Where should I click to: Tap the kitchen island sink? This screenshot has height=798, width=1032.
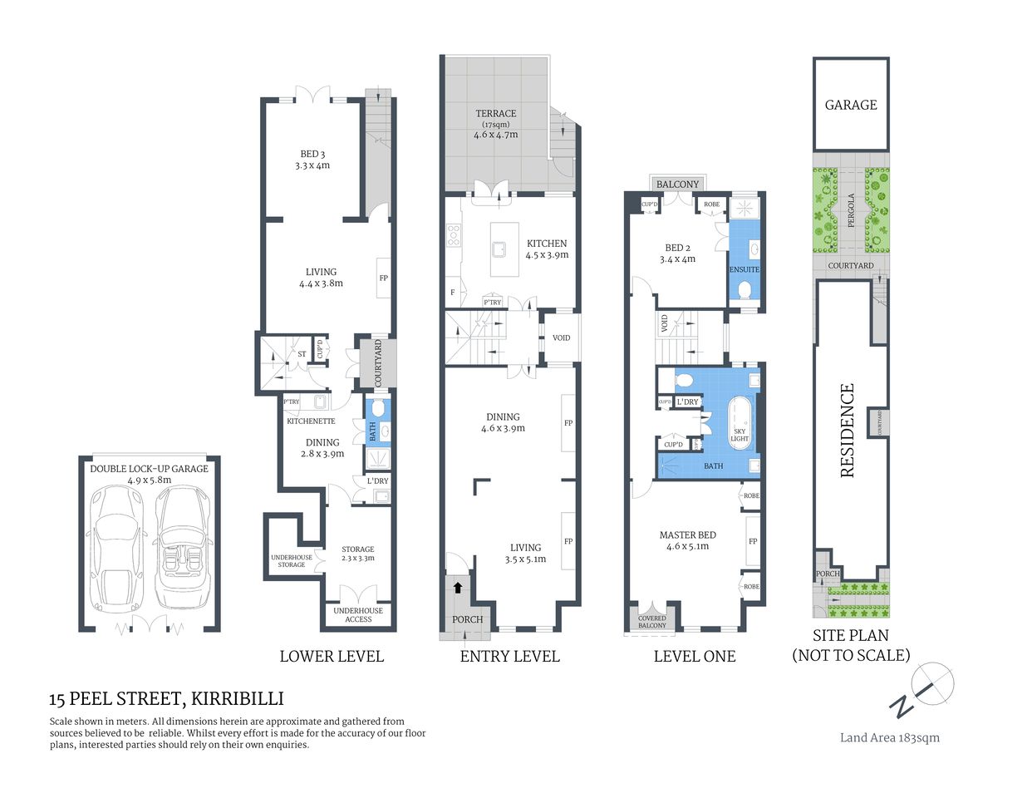tap(499, 248)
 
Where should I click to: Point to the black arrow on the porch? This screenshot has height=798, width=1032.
tap(456, 589)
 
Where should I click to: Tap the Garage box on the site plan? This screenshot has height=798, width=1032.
tap(850, 105)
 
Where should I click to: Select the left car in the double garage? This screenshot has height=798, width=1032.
tap(118, 549)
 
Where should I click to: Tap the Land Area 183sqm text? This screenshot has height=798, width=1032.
tap(889, 737)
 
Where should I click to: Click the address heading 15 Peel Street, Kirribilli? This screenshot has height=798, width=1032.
tap(166, 699)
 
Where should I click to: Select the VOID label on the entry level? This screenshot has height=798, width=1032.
tap(561, 337)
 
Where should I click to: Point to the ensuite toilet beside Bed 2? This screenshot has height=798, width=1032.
tap(745, 290)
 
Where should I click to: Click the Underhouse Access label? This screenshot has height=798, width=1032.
tap(358, 615)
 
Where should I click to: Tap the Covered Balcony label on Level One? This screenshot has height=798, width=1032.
tap(652, 622)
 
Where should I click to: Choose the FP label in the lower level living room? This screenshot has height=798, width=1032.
tap(383, 278)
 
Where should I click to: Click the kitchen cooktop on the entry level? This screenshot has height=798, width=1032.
tap(454, 236)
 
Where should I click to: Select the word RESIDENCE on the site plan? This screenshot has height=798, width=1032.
tap(847, 430)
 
